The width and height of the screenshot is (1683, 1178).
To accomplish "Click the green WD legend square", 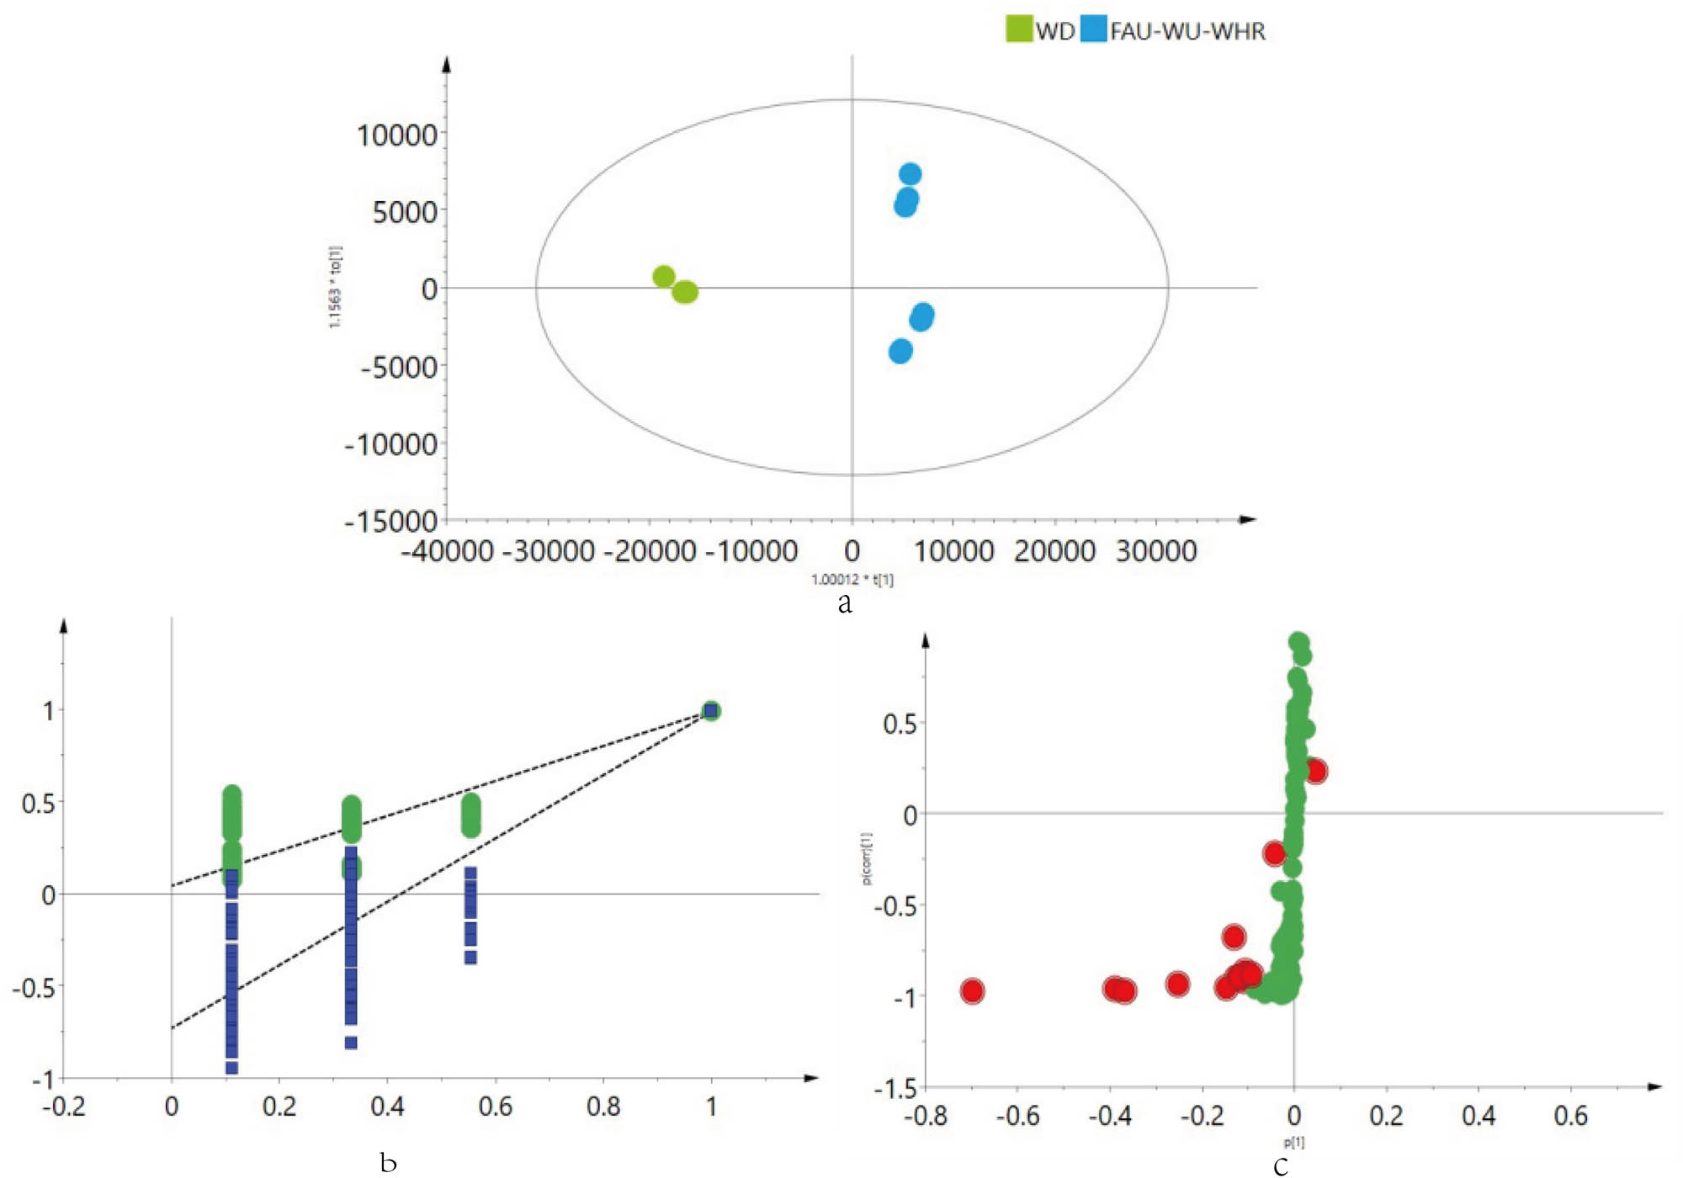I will point(1019,29).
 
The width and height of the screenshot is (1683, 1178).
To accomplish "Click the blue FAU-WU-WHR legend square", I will point(1093,29).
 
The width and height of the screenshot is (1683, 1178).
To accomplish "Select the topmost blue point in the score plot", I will point(910,174).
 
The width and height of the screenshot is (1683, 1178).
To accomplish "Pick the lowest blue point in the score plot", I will point(900,352).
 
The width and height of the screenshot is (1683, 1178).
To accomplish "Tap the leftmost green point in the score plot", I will point(664,276).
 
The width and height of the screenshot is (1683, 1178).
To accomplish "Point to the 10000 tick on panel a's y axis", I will point(397,135).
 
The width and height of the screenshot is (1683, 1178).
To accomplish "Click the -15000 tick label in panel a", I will point(391,522).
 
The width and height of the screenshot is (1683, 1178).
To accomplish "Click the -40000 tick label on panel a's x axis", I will point(447,551).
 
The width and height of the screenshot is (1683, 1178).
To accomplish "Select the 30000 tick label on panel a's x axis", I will point(1156,551).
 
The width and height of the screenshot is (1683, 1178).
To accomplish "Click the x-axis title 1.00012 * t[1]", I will point(852,580).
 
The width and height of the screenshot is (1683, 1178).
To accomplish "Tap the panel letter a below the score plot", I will point(845,602).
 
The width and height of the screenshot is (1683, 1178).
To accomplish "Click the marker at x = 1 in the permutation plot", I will point(711,711).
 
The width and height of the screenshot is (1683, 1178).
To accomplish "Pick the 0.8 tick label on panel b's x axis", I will point(603,1106).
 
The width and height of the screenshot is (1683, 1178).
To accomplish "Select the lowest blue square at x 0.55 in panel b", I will point(470,957).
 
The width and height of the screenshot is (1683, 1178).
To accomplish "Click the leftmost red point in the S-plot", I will point(972,991).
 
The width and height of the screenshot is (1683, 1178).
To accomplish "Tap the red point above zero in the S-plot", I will point(1315,771).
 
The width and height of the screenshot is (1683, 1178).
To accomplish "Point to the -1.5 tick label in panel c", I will point(895,1090).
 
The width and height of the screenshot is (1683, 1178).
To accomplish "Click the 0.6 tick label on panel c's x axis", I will point(1570,1116).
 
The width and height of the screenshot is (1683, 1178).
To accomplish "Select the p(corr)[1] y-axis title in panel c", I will point(867,858).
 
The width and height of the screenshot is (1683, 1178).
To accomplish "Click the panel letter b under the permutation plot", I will point(388,1163).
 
